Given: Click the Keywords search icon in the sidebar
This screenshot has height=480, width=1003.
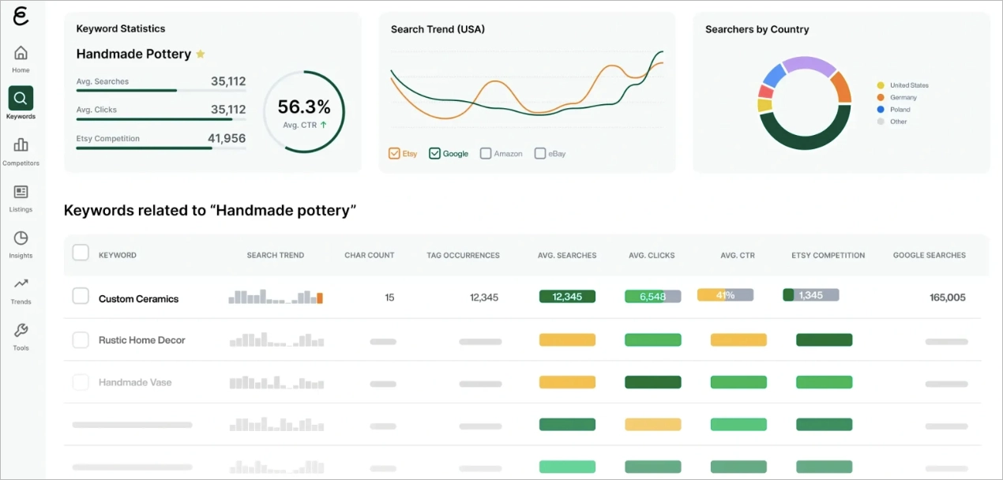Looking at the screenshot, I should (21, 99).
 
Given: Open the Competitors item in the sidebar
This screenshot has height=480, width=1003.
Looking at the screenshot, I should (21, 145).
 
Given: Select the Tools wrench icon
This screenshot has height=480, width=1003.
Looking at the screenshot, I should (21, 330).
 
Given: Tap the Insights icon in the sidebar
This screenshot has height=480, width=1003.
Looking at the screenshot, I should (21, 238).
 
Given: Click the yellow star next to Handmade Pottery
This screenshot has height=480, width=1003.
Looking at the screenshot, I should (201, 54).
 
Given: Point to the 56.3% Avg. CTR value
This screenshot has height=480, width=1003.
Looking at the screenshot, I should (304, 107).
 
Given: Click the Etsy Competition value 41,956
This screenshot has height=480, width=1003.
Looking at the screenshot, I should (227, 138).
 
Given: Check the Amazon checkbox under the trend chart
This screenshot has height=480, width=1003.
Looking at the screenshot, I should (486, 153).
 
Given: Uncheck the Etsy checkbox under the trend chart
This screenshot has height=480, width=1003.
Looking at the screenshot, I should (394, 153).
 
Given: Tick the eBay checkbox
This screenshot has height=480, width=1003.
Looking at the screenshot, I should (540, 153).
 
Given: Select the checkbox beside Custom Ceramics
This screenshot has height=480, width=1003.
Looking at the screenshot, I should (81, 296).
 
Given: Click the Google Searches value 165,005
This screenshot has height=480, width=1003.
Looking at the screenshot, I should (947, 298).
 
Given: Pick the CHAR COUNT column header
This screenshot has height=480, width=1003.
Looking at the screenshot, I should (369, 255).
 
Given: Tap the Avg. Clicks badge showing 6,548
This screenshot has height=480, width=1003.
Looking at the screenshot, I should (652, 297).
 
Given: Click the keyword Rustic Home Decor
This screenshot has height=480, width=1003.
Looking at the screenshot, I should (141, 340).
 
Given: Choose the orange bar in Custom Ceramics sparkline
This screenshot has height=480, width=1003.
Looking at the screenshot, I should (320, 298).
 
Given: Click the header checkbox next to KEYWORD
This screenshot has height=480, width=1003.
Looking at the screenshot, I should (81, 253).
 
